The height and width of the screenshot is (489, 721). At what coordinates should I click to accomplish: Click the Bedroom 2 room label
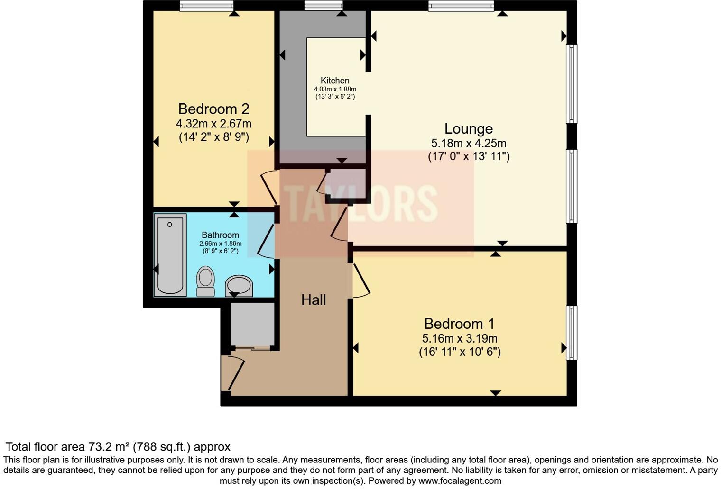pyautogui.click(x=213, y=109)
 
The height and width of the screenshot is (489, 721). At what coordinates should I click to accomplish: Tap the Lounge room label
pyautogui.click(x=468, y=129)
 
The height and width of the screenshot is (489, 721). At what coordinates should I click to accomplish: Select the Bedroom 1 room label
pyautogui.click(x=459, y=324)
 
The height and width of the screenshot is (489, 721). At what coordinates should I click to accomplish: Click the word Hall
pyautogui.click(x=314, y=300)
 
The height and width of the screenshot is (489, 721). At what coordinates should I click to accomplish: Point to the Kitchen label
pyautogui.click(x=335, y=81)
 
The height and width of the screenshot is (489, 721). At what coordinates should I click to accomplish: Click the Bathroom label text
pyautogui.click(x=220, y=235)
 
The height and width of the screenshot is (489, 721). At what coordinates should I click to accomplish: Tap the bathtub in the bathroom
pyautogui.click(x=170, y=255)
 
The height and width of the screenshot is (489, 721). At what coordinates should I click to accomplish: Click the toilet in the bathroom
pyautogui.click(x=205, y=281)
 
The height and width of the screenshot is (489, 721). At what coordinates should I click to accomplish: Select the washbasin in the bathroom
pyautogui.click(x=239, y=286)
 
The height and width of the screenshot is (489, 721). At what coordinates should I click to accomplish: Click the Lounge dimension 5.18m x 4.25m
pyautogui.click(x=468, y=143)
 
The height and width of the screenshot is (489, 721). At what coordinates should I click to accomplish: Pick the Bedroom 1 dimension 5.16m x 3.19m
pyautogui.click(x=459, y=338)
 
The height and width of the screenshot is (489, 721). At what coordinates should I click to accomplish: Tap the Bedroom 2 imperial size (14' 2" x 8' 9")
pyautogui.click(x=213, y=137)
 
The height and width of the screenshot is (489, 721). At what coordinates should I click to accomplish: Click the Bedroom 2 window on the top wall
pyautogui.click(x=206, y=6)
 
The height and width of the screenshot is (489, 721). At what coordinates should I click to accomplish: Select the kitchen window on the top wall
pyautogui.click(x=323, y=6)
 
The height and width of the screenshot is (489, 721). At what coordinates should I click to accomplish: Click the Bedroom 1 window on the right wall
pyautogui.click(x=572, y=333)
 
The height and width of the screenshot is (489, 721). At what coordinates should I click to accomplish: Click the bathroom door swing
pyautogui.click(x=266, y=241)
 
